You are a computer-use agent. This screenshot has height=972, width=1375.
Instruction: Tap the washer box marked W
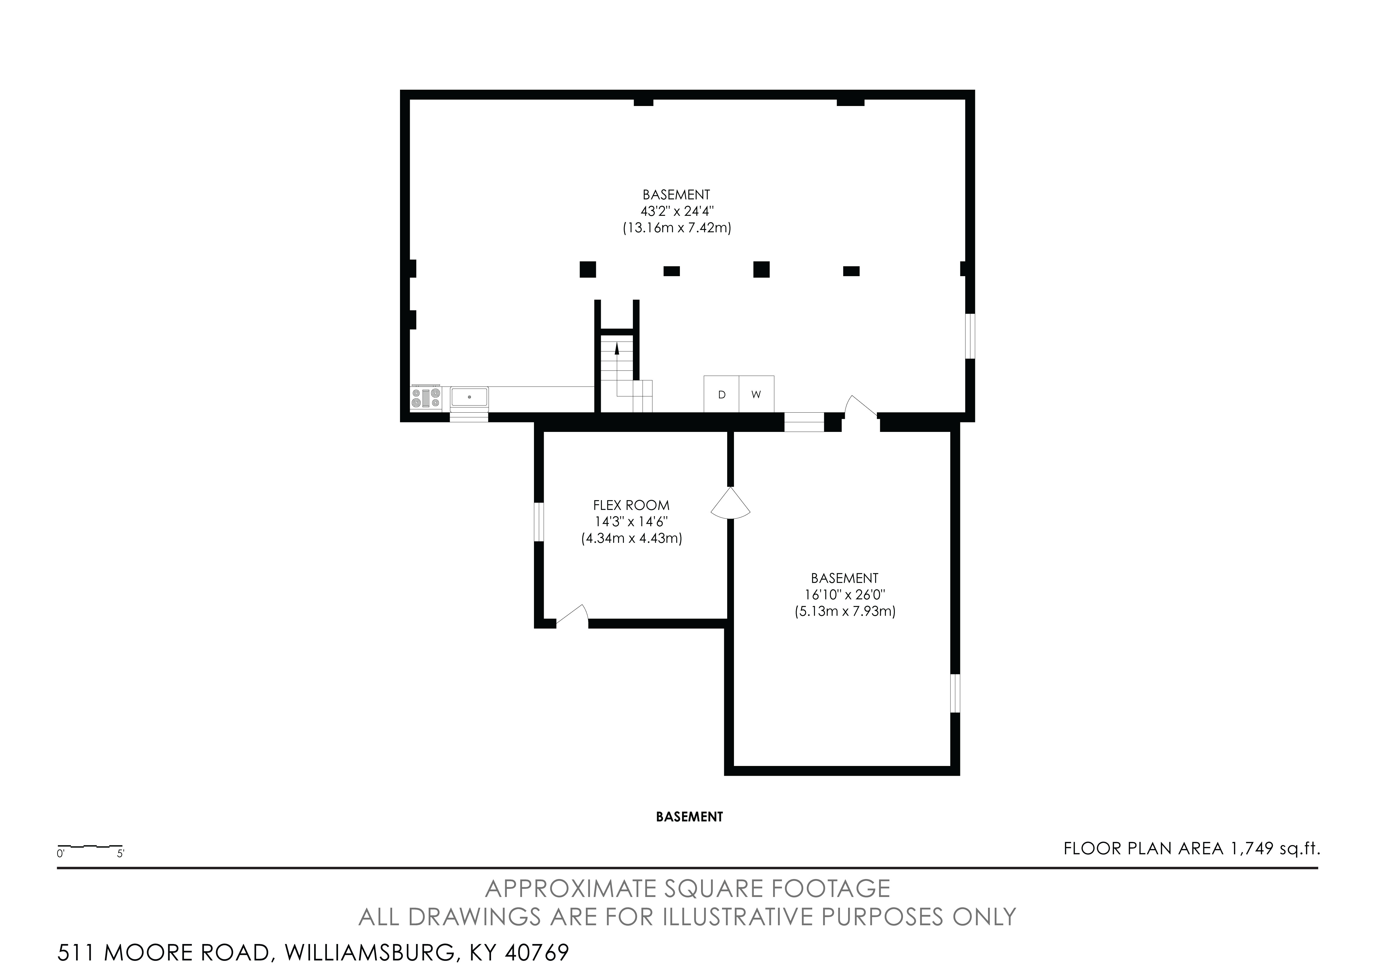tap(756, 394)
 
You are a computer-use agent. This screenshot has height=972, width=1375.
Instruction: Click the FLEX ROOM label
tap(631, 505)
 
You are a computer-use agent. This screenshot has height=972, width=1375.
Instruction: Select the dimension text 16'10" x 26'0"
tap(845, 595)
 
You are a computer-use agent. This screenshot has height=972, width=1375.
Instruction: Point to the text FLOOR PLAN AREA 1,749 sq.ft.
tap(1192, 849)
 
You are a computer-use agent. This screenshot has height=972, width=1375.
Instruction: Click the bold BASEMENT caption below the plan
tap(689, 817)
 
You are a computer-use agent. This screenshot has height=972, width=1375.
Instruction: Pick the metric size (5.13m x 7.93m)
tap(845, 612)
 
